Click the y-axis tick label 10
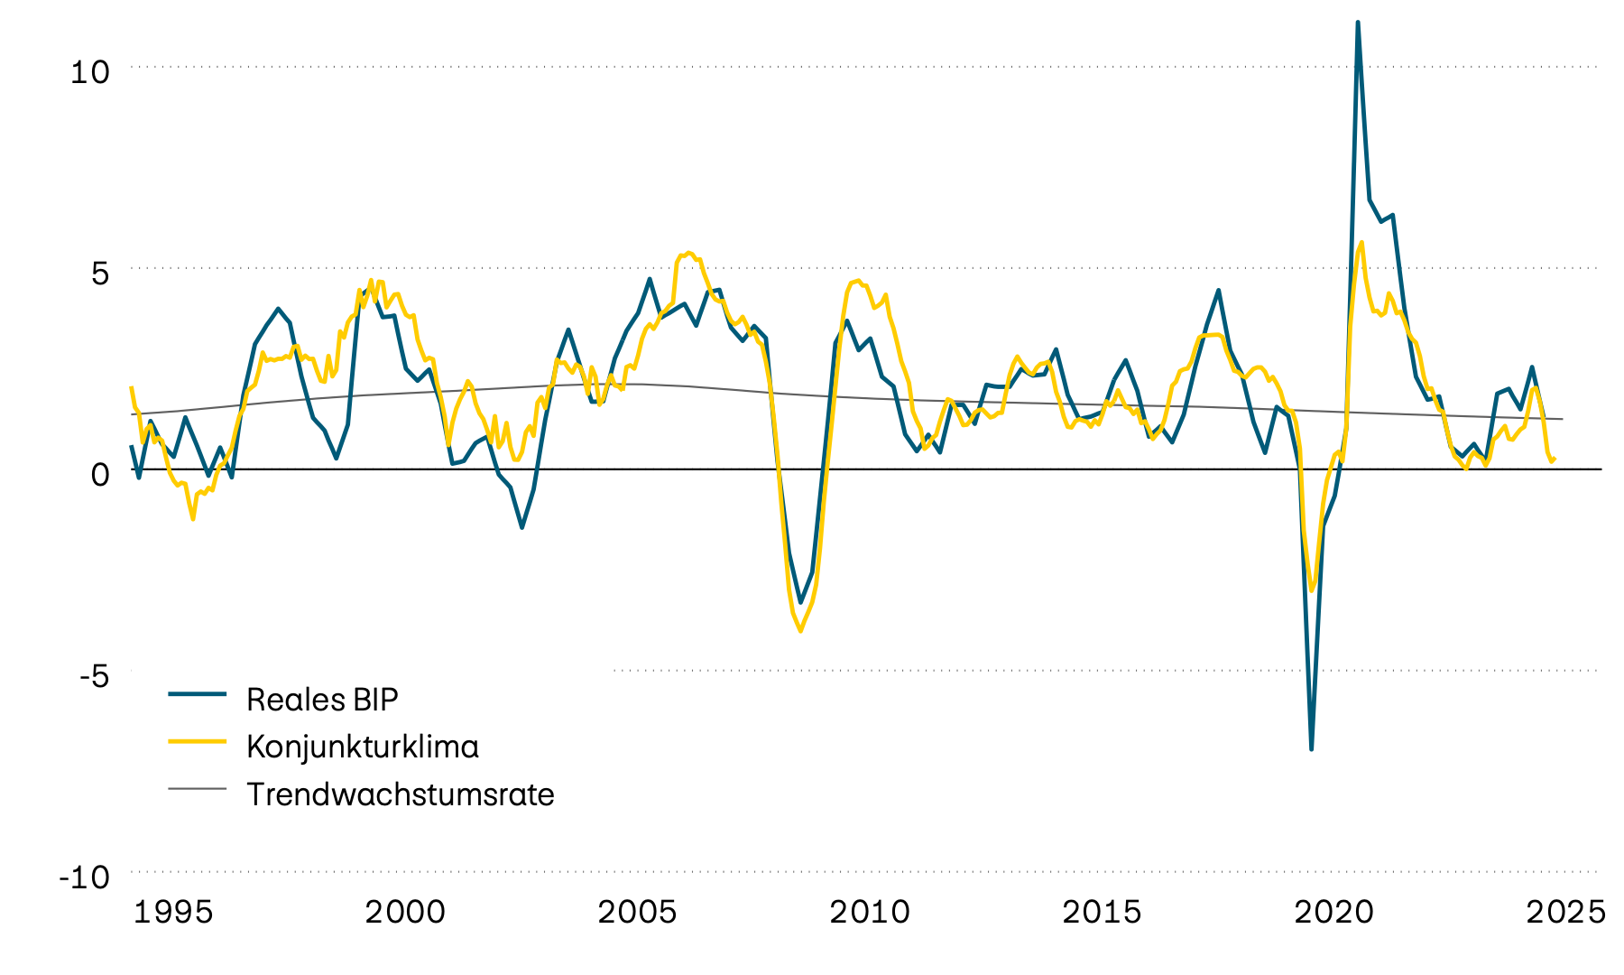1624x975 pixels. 89,72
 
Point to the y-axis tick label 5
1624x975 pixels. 99,273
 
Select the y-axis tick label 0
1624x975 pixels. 99,474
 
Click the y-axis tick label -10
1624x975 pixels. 84,877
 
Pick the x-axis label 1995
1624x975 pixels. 173,913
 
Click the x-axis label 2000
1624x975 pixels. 405,913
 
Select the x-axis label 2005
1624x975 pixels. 637,913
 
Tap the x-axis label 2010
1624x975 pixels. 870,913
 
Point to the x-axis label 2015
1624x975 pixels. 1102,913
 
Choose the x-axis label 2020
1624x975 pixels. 1333,913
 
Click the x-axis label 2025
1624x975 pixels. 1565,913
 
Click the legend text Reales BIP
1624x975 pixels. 322,700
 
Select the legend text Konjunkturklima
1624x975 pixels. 362,747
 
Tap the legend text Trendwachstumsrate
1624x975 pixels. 400,794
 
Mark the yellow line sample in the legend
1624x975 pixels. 197,741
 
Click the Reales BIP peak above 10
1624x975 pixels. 1358,23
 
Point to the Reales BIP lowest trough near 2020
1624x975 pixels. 1311,748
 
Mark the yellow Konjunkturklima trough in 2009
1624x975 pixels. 800,630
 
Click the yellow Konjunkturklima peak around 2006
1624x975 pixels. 688,253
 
